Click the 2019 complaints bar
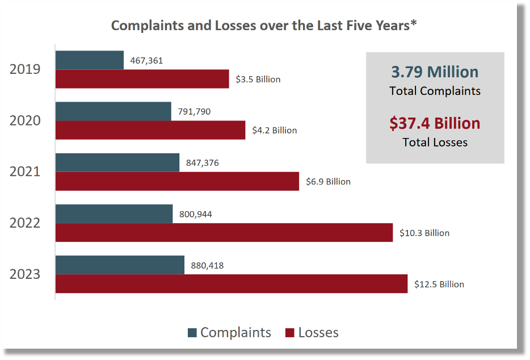[x=90, y=60]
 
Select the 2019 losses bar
[x=142, y=79]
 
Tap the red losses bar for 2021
[x=177, y=181]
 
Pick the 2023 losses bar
[x=231, y=284]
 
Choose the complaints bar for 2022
[x=114, y=214]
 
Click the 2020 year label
[x=25, y=120]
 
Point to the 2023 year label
[x=25, y=274]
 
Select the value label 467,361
[x=146, y=60]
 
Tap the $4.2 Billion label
[x=275, y=131]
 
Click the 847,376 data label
[x=203, y=163]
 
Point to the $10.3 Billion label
[x=424, y=233]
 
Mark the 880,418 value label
[x=208, y=265]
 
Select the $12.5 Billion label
[x=439, y=284]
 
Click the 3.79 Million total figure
[x=435, y=72]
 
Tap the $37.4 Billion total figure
[x=435, y=123]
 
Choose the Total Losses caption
[x=435, y=143]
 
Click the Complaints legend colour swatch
[x=193, y=333]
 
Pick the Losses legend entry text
[x=318, y=333]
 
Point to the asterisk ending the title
[x=414, y=24]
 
